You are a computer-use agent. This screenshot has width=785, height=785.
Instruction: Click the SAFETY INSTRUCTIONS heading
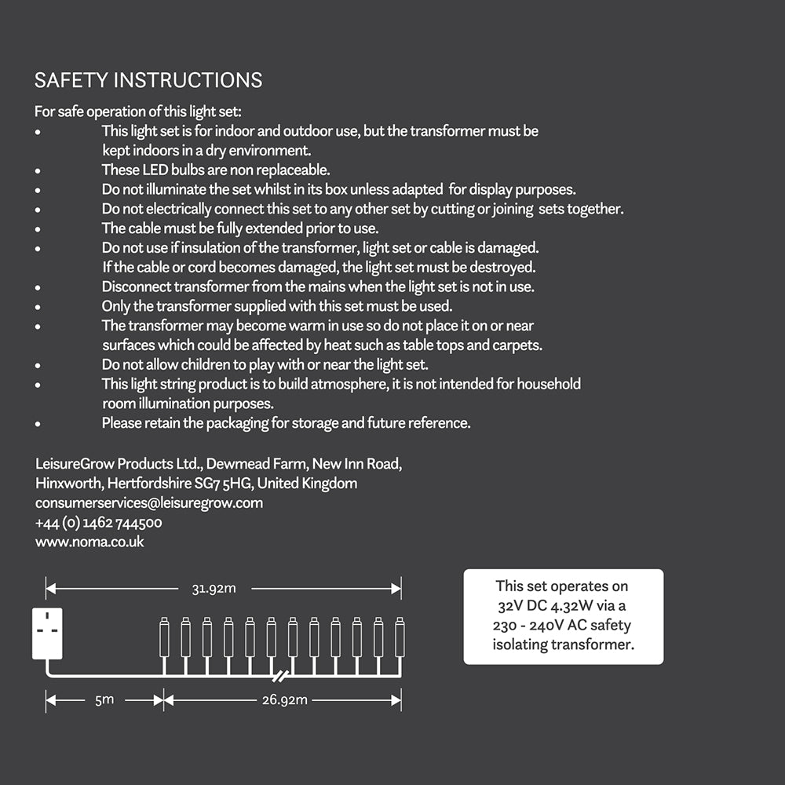[148, 80]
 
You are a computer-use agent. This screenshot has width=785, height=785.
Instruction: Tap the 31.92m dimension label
[214, 588]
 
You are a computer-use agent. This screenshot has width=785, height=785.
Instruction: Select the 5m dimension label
[104, 699]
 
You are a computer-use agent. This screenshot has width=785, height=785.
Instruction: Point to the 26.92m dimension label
[284, 699]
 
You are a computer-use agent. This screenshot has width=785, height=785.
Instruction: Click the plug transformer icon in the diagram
[47, 633]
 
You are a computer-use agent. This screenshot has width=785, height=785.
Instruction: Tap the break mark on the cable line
[282, 676]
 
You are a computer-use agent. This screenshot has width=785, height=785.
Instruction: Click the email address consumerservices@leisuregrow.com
[149, 502]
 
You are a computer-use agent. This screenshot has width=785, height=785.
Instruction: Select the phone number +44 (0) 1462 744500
[99, 522]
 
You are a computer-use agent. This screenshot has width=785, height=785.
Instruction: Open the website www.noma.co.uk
[89, 542]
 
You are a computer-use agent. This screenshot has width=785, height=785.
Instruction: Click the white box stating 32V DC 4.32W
[563, 616]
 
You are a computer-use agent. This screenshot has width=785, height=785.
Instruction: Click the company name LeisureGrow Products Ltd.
[108, 463]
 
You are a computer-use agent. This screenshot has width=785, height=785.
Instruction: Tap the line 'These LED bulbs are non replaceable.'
[216, 170]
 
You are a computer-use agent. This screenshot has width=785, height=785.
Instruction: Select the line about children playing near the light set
[265, 364]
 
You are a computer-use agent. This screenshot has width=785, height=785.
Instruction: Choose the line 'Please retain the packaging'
[286, 423]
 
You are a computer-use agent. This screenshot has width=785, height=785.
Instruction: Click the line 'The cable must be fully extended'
[240, 228]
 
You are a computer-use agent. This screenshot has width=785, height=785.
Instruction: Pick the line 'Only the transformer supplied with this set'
[277, 306]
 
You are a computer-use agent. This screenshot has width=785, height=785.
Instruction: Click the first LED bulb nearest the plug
[164, 637]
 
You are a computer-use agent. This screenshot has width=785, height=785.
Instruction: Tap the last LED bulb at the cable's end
[399, 637]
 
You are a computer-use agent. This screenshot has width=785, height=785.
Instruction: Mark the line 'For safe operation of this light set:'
[143, 111]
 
